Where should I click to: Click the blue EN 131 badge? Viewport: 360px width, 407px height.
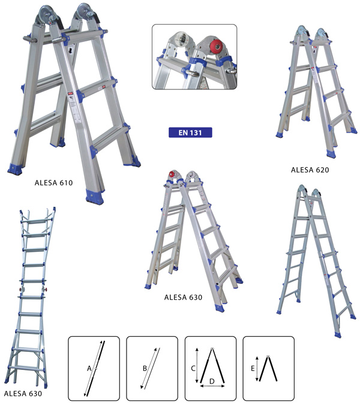[x=190, y=132]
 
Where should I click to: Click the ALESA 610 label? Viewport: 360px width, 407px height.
[x=53, y=183]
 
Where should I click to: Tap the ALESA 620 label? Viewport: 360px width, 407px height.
[x=310, y=170]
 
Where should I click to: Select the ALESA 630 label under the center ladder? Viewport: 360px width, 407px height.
[x=183, y=297]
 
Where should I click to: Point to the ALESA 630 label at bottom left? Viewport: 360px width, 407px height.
[x=23, y=394]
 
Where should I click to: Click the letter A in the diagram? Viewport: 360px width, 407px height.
[x=89, y=369]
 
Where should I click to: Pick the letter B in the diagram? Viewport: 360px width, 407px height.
[x=145, y=368]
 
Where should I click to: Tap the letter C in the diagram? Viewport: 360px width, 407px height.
[x=193, y=368]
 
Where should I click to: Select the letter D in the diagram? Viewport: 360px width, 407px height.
[x=212, y=381]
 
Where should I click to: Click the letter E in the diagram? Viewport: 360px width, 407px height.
[x=253, y=369]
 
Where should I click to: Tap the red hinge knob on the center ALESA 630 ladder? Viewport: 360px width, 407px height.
[x=172, y=174]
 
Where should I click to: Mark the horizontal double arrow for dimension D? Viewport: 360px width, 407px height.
[x=212, y=386]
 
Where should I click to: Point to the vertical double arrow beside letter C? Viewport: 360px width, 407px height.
[x=197, y=365]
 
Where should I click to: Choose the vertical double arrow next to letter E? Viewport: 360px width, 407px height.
[x=257, y=369]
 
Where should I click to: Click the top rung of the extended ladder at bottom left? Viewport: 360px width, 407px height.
[x=37, y=222]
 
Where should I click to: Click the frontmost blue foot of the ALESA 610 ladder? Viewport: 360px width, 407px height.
[x=95, y=197]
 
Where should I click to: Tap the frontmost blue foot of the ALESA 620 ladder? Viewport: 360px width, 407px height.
[x=331, y=153]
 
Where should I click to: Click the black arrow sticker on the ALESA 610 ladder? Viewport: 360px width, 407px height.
[x=70, y=50]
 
